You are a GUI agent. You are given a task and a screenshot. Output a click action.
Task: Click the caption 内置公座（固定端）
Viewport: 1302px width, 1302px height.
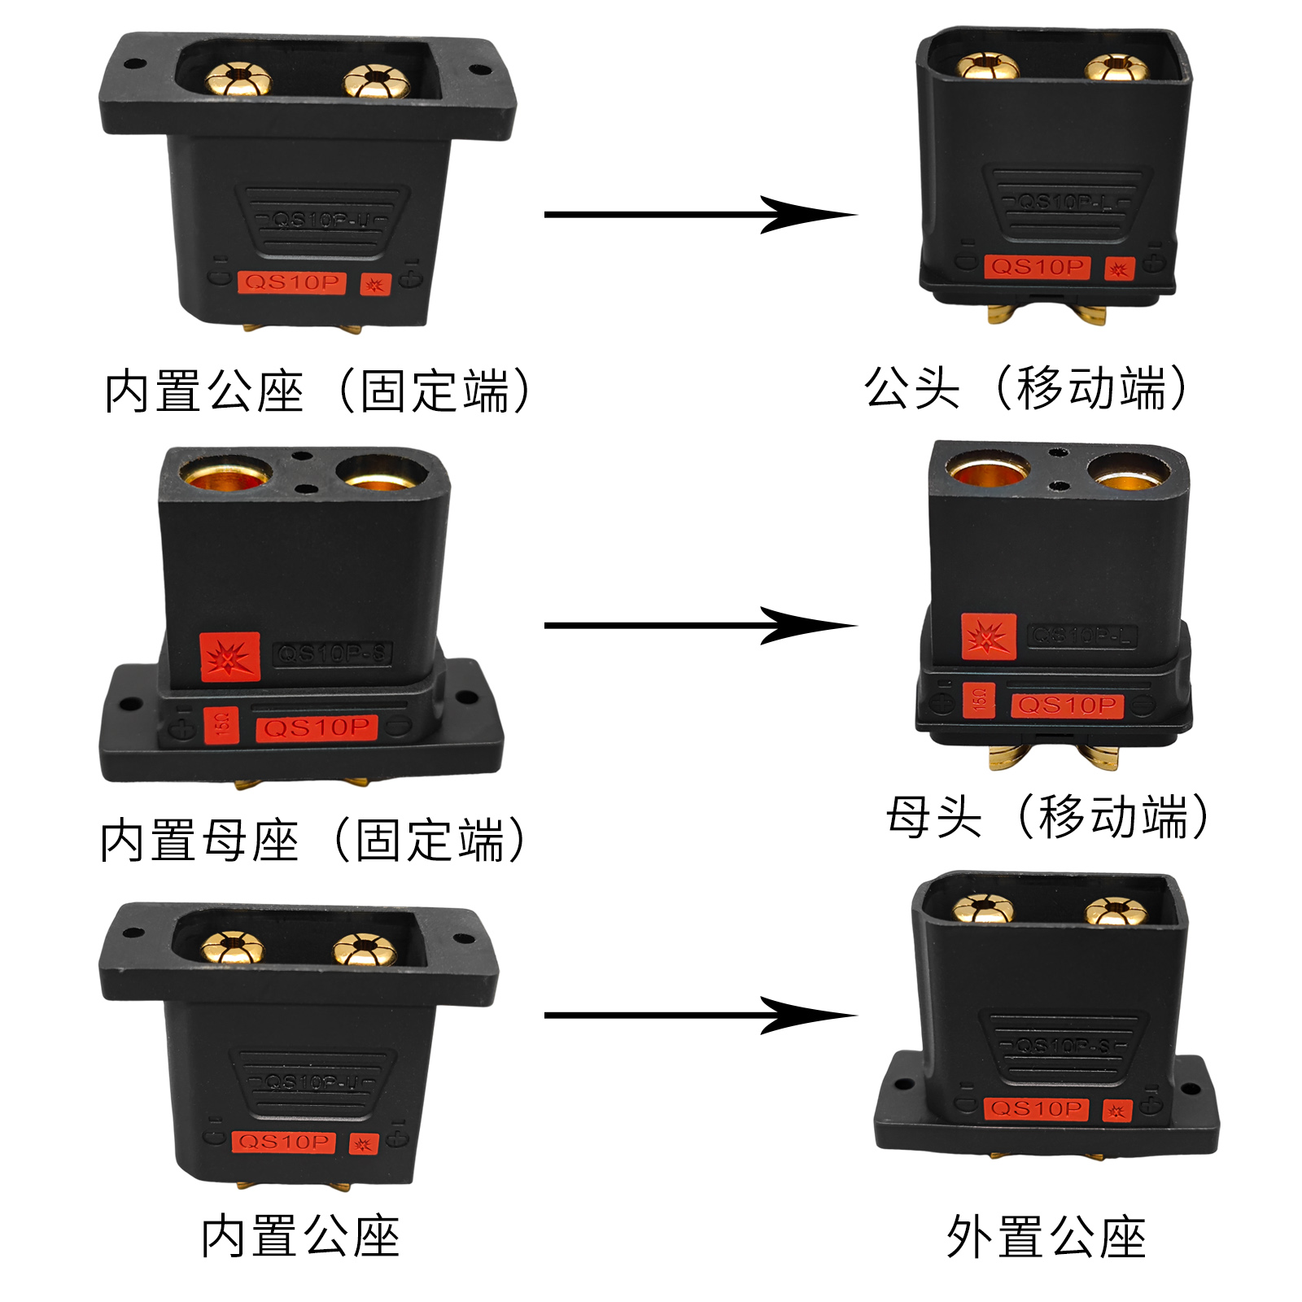317,391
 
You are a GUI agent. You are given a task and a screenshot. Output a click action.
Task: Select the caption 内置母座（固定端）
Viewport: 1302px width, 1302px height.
313,841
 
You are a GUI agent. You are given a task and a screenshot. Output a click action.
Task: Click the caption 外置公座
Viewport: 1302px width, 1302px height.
1046,1238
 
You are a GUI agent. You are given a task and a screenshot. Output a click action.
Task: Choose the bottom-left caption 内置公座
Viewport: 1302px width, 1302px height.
300,1236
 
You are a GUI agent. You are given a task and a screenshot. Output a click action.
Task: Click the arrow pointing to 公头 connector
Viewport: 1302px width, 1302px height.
700,215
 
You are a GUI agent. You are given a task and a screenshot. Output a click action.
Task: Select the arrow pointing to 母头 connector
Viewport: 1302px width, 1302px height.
700,626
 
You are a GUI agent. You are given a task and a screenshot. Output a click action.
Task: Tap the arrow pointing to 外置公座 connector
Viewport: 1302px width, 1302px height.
700,1016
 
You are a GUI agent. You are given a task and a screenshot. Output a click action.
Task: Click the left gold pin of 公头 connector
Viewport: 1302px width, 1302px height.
986,66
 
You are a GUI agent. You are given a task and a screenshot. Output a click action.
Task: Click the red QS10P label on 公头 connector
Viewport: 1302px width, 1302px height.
1037,267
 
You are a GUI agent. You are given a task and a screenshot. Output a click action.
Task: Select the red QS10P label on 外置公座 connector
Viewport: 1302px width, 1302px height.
1036,1108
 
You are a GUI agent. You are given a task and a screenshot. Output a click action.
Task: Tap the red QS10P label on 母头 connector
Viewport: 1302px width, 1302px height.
1067,705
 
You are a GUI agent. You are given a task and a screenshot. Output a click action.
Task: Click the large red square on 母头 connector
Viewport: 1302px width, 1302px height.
989,636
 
